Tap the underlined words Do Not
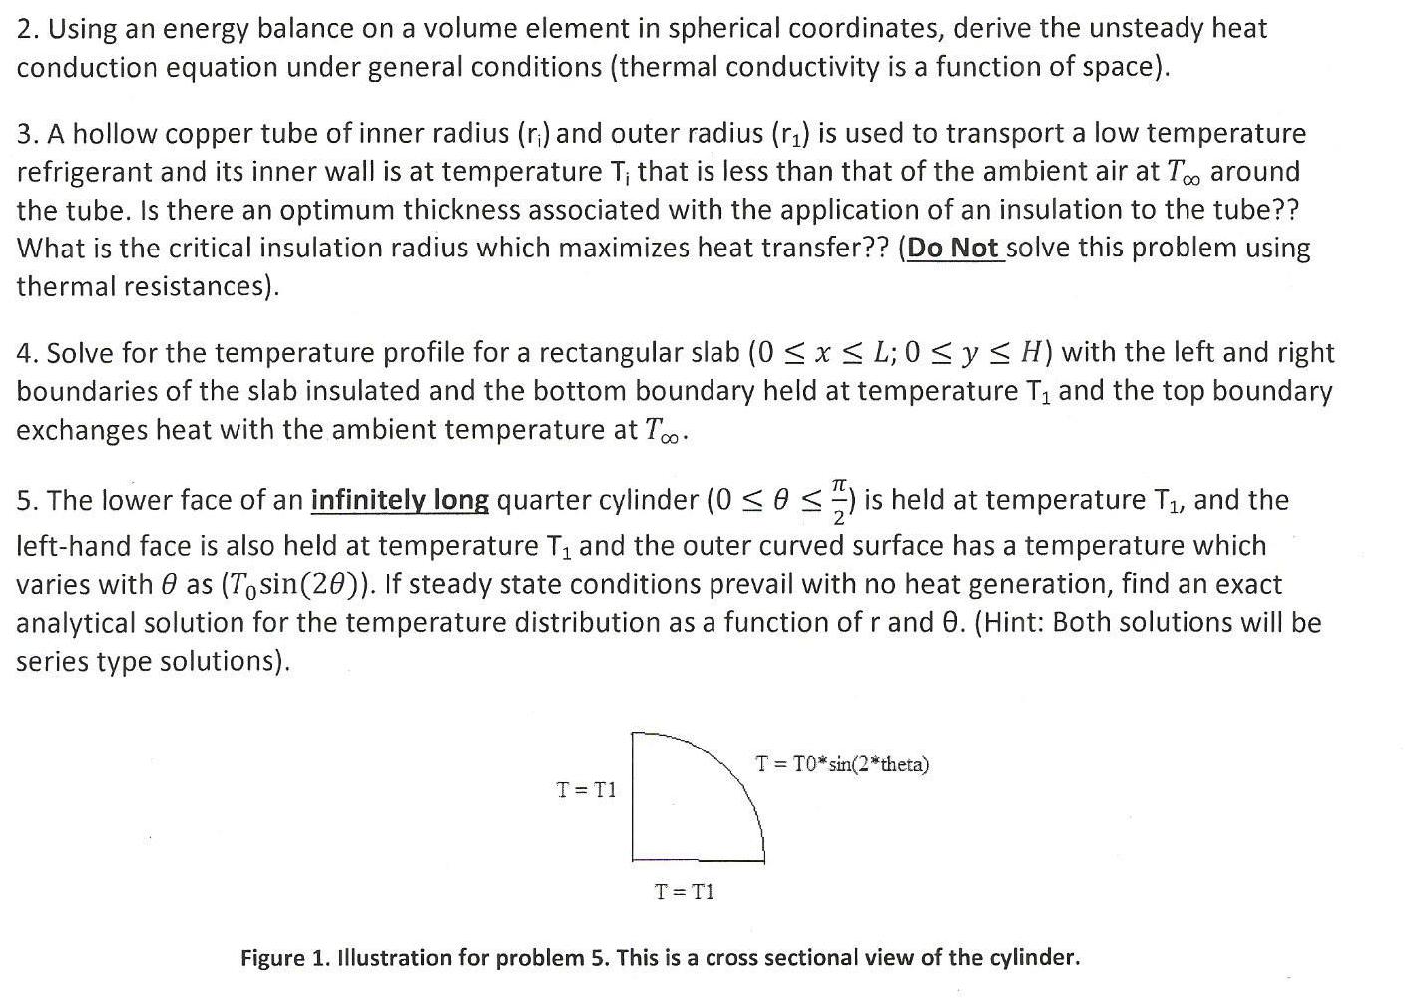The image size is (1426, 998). [x=953, y=249]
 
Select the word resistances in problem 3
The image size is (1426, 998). [x=198, y=287]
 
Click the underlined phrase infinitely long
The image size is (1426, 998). [x=400, y=500]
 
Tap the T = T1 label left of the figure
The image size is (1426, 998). [x=586, y=790]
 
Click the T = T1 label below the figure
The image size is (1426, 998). [x=684, y=891]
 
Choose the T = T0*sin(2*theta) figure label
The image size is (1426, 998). [x=842, y=765]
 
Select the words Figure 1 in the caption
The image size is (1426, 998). [x=283, y=959]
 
